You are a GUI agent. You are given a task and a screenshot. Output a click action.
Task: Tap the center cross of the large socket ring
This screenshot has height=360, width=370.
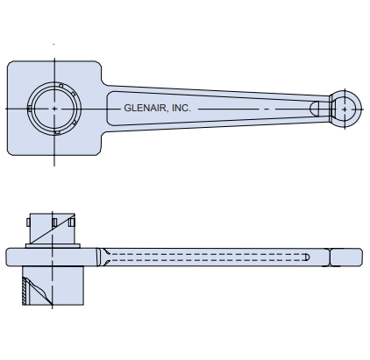[x=54, y=107]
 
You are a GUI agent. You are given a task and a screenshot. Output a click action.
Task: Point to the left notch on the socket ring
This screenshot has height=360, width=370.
[x=30, y=108]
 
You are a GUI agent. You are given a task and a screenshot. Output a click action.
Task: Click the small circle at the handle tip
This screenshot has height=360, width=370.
[x=345, y=107]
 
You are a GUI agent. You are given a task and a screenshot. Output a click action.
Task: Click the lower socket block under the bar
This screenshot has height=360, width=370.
[x=53, y=286]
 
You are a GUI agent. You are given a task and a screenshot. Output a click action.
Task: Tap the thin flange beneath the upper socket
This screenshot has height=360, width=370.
[x=53, y=246]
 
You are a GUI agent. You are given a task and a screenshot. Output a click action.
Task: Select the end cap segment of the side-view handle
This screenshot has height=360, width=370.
[x=346, y=257]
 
